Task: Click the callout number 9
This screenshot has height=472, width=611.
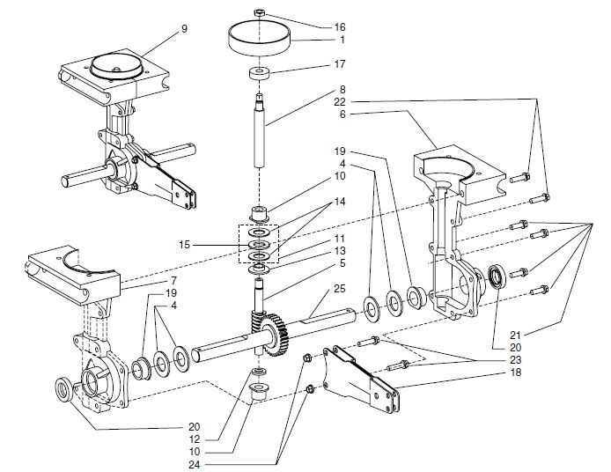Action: [x=184, y=29]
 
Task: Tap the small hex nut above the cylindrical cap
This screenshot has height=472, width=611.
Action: [x=260, y=12]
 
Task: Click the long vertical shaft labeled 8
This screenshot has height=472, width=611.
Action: [x=261, y=128]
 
